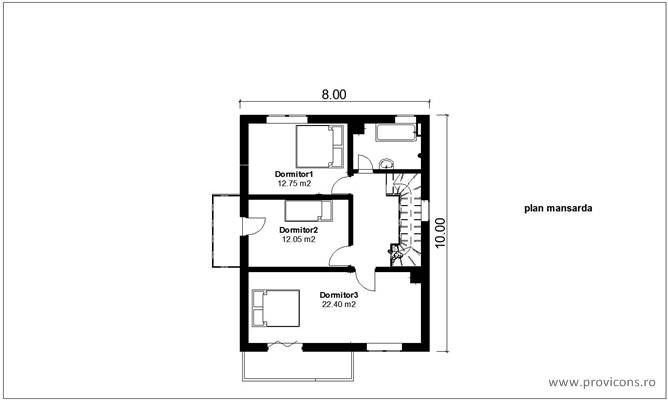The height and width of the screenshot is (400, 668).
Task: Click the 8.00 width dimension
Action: pos(334,94)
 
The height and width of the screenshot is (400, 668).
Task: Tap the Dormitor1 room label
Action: pos(294,174)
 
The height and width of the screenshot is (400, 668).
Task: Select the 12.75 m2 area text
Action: pos(294,184)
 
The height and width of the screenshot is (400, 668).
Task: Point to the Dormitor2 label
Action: pos(299,230)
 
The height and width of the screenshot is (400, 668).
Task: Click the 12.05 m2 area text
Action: pos(299,240)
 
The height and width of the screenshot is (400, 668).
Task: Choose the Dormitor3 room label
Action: pos(339,295)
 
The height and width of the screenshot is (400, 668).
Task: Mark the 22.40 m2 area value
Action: pos(339,305)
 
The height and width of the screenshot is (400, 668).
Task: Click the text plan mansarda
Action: pos(560,210)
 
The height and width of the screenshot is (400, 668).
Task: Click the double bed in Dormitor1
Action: pos(319,148)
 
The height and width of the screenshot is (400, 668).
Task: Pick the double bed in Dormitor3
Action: pos(276,308)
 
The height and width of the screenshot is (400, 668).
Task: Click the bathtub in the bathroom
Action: pos(389,132)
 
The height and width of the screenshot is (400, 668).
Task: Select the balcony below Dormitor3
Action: pos(298,365)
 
